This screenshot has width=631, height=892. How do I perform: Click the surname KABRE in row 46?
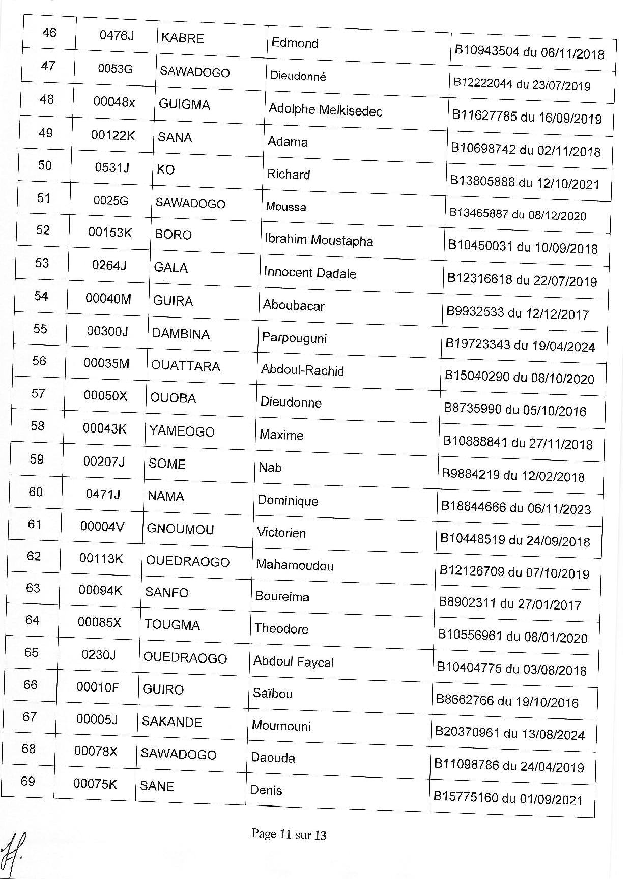(182, 38)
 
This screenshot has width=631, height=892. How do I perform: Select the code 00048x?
(114, 102)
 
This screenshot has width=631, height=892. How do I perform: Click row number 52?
(43, 230)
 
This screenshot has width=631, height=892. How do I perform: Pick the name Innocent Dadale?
(310, 273)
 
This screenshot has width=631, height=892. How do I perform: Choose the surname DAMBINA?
(181, 334)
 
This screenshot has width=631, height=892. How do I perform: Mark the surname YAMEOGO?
(182, 431)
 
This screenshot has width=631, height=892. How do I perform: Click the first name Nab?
(270, 467)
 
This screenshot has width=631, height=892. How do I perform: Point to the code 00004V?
(102, 527)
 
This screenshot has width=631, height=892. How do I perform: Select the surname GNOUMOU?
(180, 529)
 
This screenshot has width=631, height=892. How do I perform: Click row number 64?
(32, 620)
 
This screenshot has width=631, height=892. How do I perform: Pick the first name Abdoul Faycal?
(294, 662)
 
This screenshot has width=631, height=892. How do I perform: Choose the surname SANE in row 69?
(157, 786)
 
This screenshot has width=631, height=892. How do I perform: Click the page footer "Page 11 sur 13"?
(289, 835)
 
